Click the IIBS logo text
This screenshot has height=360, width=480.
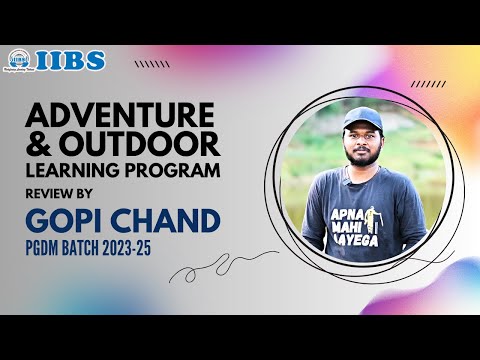point(72,60)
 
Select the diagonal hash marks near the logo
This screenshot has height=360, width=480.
point(151,64)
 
